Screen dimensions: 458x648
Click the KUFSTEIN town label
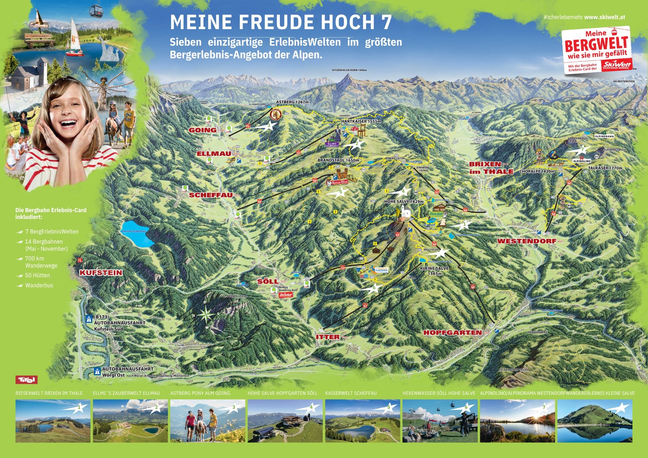(101, 273)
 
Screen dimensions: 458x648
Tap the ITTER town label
(328, 337)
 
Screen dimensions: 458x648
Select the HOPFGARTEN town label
(452, 333)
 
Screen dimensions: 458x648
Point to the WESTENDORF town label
(526, 241)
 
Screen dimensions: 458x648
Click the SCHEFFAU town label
(211, 195)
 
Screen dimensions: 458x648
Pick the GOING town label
(202, 130)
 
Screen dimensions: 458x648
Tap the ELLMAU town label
(214, 154)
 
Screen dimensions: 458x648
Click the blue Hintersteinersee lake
(136, 233)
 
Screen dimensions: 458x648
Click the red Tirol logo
(27, 380)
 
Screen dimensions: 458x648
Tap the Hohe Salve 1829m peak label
(404, 201)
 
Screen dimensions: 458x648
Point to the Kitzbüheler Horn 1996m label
(349, 70)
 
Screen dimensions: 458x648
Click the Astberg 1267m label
(292, 102)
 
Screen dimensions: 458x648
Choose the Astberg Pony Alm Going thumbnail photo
(207, 421)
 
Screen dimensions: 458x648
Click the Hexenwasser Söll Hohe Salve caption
(439, 393)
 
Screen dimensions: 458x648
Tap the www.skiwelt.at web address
(604, 17)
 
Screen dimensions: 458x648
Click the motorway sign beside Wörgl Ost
(96, 371)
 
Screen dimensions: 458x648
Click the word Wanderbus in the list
(39, 285)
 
